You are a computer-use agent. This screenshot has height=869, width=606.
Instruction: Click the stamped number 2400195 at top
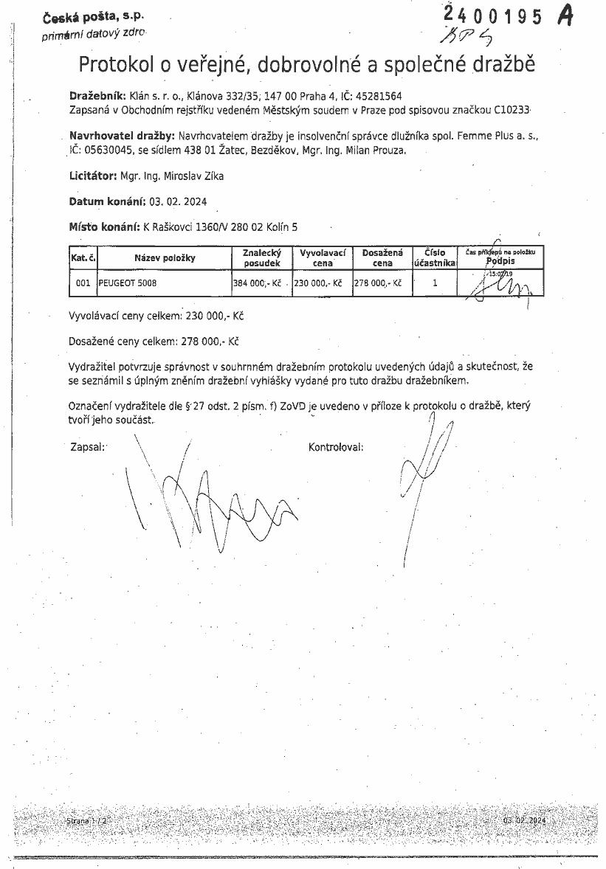493,16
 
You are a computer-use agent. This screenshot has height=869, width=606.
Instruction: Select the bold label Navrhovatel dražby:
121,136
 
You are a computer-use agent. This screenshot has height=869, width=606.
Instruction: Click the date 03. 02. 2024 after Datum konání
178,201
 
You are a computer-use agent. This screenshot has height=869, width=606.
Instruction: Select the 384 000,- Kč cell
258,283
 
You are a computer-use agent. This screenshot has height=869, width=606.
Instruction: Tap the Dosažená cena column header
382,257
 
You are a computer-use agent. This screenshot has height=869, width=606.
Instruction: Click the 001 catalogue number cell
83,283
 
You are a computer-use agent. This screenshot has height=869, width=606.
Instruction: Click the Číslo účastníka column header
434,257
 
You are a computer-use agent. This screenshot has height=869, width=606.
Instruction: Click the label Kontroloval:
336,447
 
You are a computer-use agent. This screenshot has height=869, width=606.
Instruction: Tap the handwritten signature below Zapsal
214,502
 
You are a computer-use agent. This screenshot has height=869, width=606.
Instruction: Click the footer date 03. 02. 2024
524,821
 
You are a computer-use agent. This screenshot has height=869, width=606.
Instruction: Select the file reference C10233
512,109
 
